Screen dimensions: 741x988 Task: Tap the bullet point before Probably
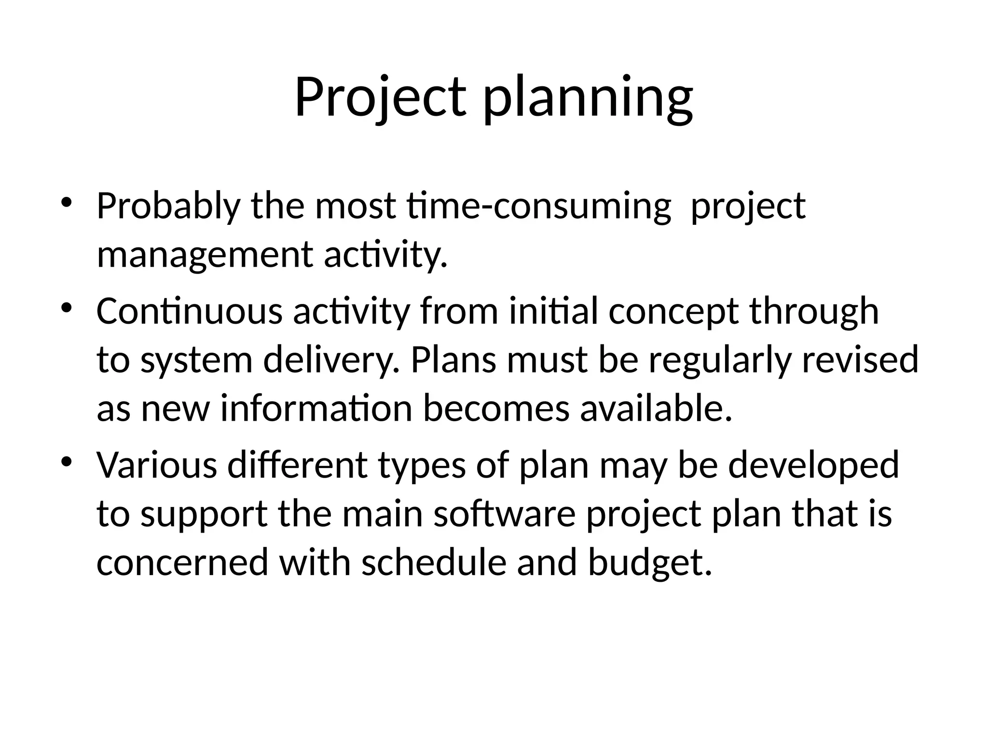pos(66,203)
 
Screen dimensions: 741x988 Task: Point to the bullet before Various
pos(66,461)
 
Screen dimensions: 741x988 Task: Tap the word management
pos(205,256)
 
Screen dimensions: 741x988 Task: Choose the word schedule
pos(434,563)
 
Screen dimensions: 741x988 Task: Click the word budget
pos(649,563)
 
